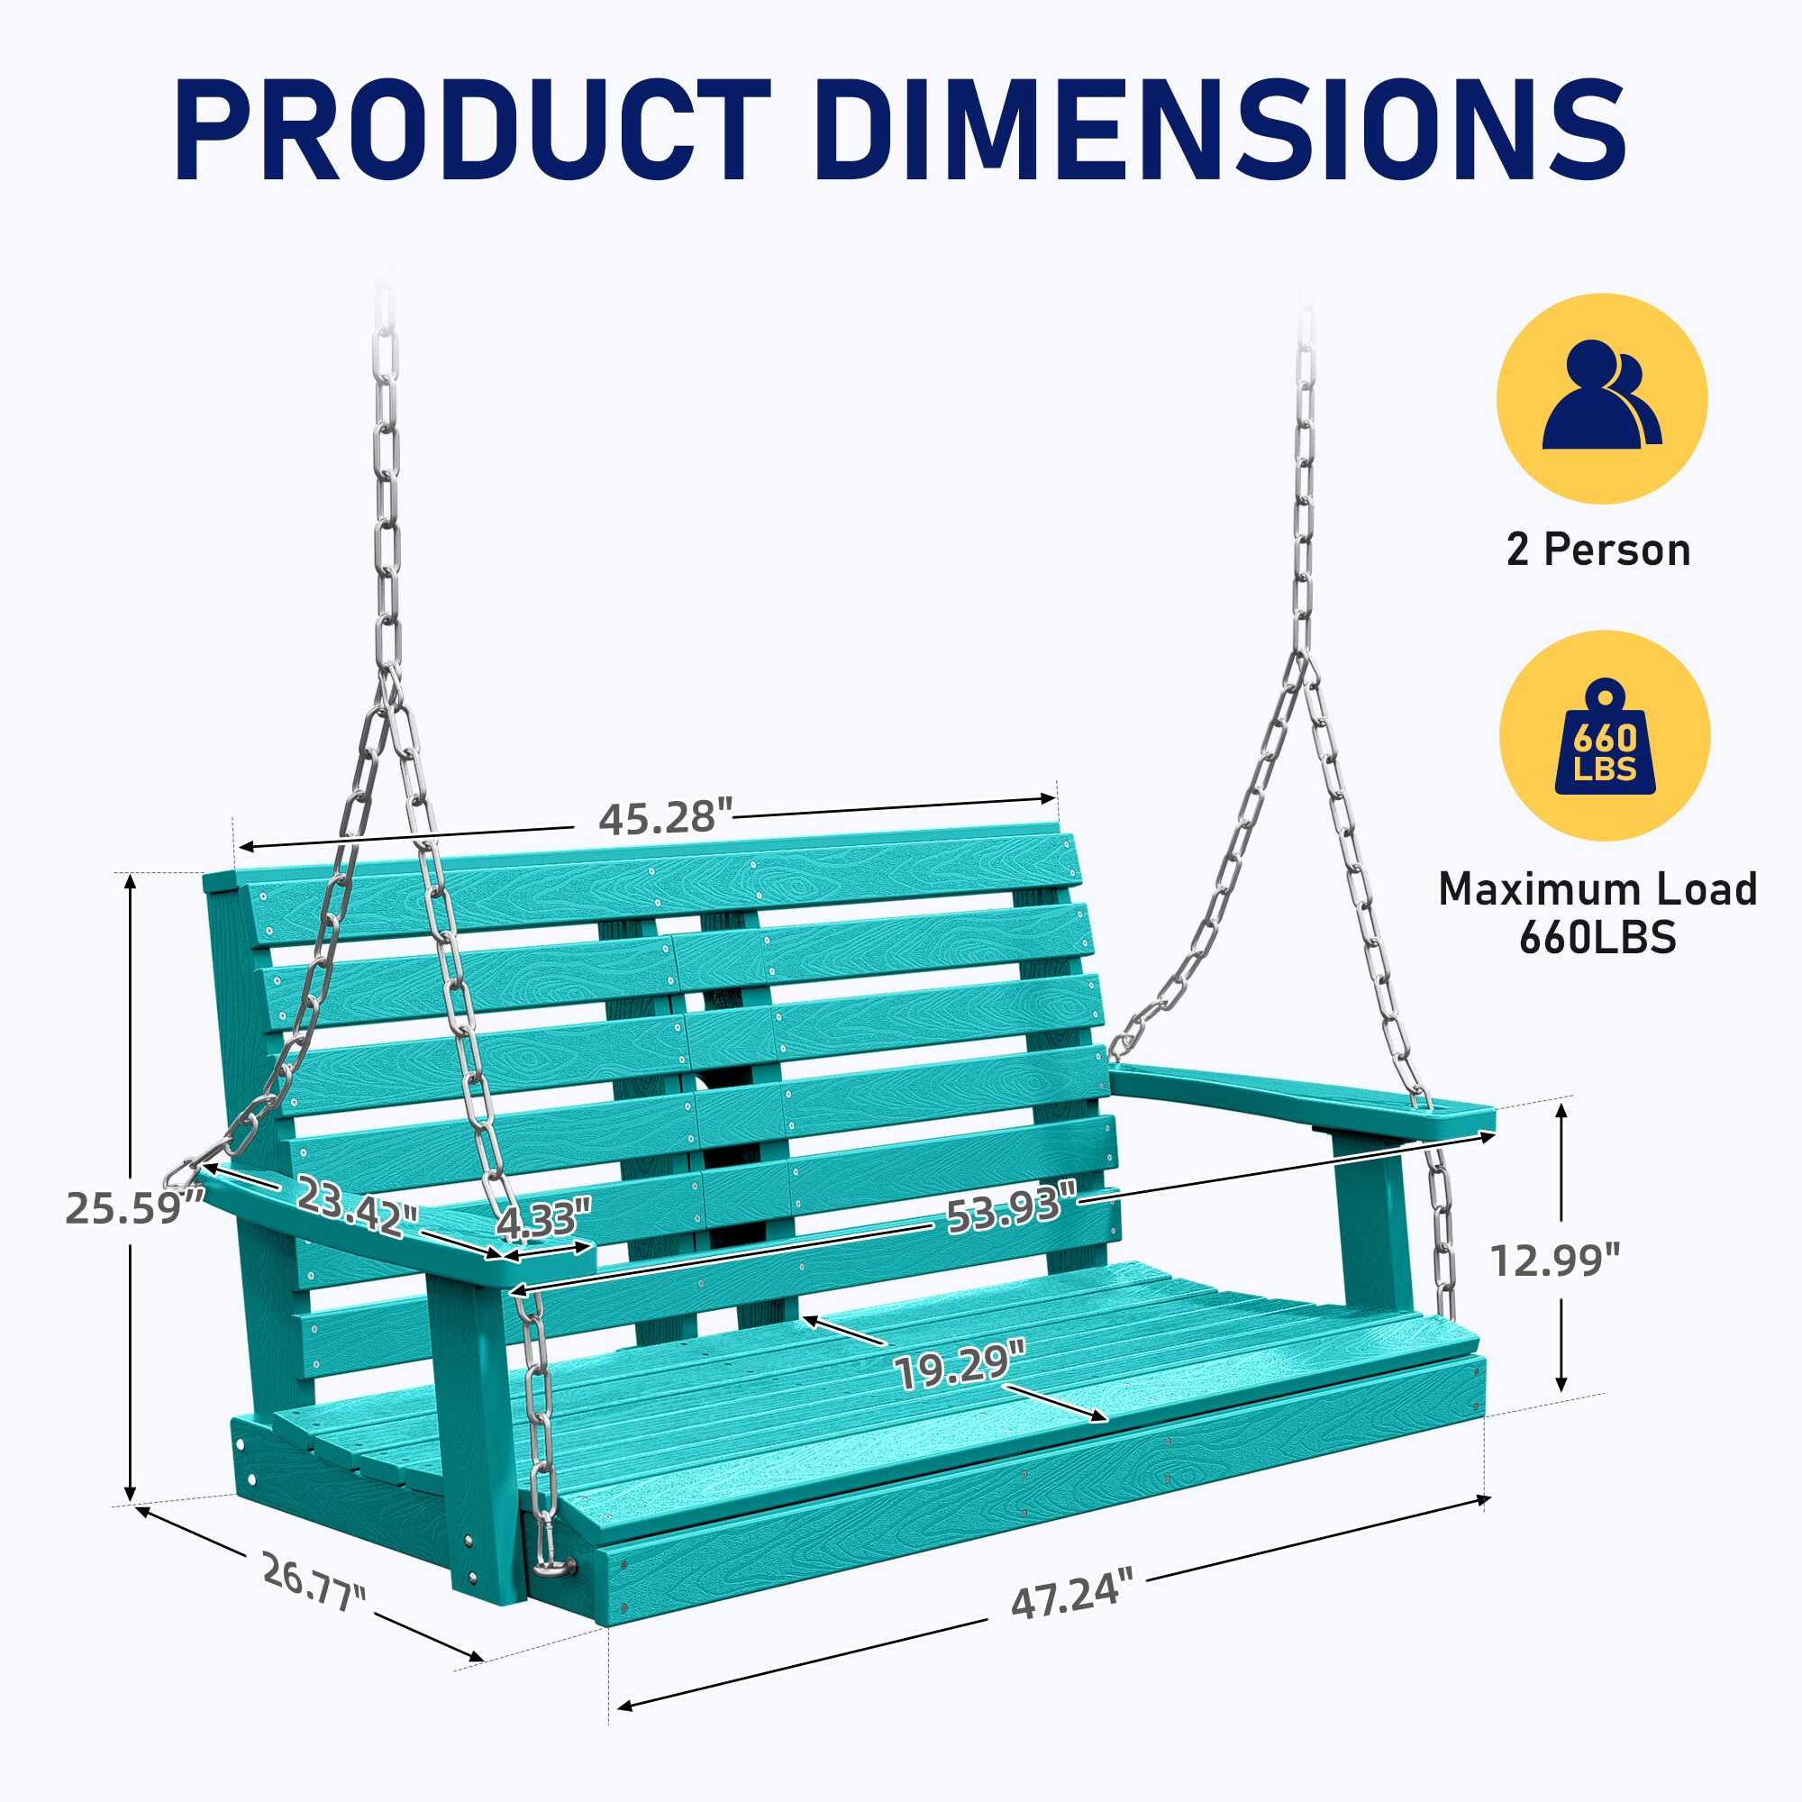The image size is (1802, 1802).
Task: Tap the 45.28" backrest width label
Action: pyautogui.click(x=665, y=817)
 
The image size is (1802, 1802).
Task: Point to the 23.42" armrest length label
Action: pyautogui.click(x=357, y=1206)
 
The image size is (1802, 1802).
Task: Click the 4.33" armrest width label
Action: pyautogui.click(x=544, y=1221)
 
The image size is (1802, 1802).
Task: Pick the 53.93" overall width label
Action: pyautogui.click(x=1012, y=1209)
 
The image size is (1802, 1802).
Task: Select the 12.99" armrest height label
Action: pyautogui.click(x=1555, y=1260)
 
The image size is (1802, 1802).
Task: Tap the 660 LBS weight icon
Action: pyautogui.click(x=1605, y=737)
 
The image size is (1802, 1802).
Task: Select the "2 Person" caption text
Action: pyautogui.click(x=1598, y=551)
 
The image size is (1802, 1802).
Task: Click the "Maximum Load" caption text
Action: pyautogui.click(x=1597, y=889)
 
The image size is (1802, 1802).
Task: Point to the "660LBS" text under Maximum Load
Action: pyautogui.click(x=1597, y=937)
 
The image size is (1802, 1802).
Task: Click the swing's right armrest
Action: pyautogui.click(x=1300, y=1102)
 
